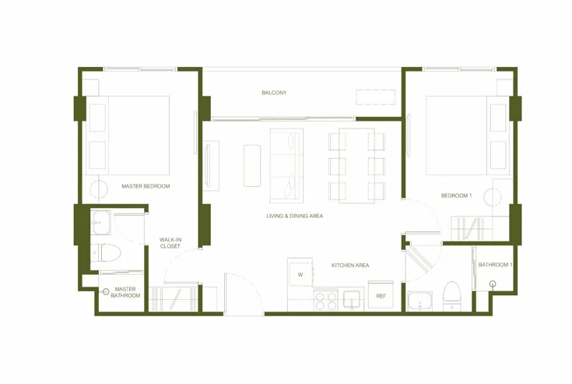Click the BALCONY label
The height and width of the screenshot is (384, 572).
(x=274, y=93)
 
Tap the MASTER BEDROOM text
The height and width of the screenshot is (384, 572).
(x=146, y=186)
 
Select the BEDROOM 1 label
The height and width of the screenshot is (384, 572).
(x=456, y=196)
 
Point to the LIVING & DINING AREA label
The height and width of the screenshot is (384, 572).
(x=295, y=216)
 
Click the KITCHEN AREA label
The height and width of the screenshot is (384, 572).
(x=350, y=266)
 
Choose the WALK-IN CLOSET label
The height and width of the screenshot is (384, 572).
(x=170, y=243)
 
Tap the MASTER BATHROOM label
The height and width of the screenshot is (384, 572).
(x=125, y=292)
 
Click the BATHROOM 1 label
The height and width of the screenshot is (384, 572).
(x=496, y=265)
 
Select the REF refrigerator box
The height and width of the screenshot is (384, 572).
(x=381, y=294)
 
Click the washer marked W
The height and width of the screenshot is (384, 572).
(x=300, y=273)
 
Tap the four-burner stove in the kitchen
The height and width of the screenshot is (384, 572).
(x=326, y=300)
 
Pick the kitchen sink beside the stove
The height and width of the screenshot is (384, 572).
(x=352, y=299)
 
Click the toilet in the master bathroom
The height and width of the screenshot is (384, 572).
(x=106, y=252)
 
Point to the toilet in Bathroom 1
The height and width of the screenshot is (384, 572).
(x=451, y=297)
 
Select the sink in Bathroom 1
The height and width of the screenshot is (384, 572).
(x=420, y=301)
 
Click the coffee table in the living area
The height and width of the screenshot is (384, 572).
(x=252, y=166)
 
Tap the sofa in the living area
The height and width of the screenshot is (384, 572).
(x=286, y=166)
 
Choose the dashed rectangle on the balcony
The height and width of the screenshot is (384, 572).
(x=376, y=97)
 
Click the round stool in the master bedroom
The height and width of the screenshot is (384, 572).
(x=99, y=190)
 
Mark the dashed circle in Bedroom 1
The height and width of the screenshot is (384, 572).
(x=493, y=197)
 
